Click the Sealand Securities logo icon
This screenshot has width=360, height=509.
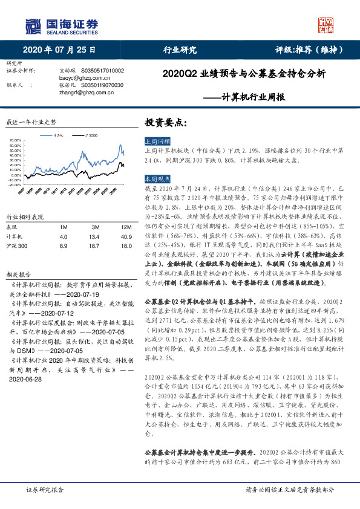tap(34, 25)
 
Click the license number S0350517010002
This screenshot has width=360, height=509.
tap(97, 71)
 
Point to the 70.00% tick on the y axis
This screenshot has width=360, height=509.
tap(15, 140)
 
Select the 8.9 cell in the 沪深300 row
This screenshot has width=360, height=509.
tap(64, 247)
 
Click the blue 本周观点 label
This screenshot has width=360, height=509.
tap(155, 180)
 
